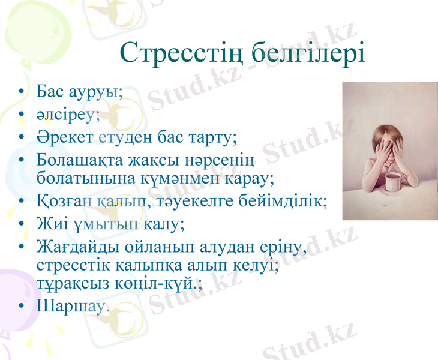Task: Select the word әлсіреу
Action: (x=68, y=115)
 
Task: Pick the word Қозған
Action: (x=64, y=201)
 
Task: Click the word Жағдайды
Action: (x=78, y=247)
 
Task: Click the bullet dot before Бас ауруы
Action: (x=22, y=93)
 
